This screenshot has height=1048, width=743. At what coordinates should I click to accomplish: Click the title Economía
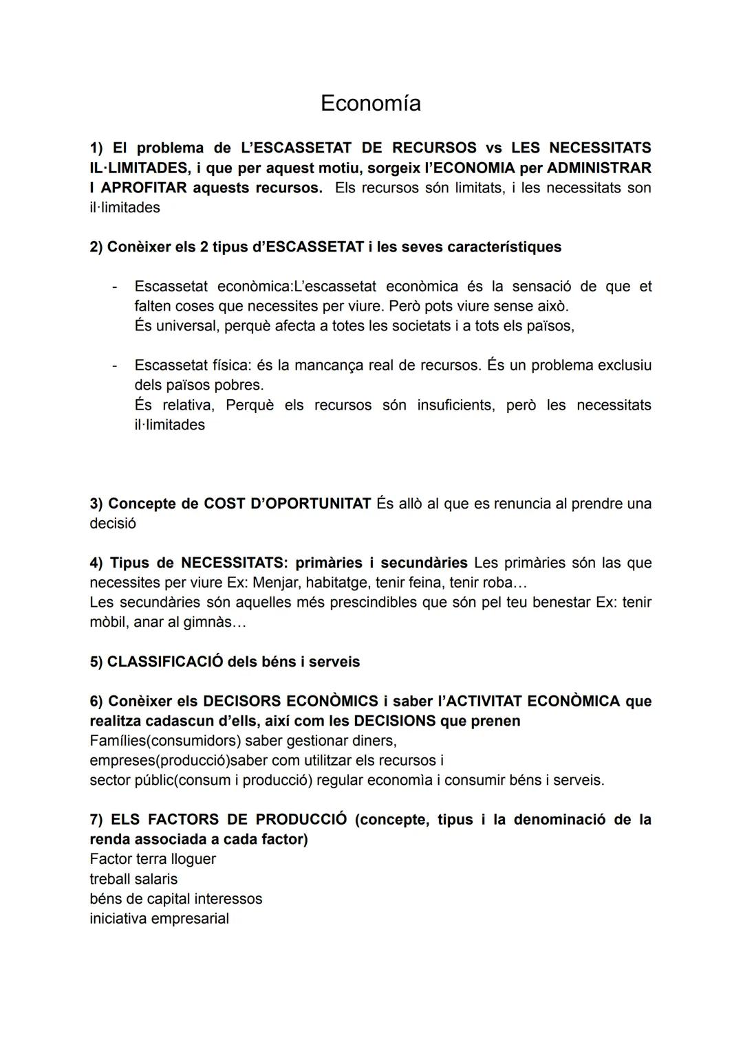(x=370, y=103)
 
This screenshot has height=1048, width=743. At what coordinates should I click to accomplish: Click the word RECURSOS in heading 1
(x=433, y=148)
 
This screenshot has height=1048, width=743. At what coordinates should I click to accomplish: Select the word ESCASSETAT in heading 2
(x=314, y=247)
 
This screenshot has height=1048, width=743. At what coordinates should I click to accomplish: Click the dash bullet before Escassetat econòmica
(x=115, y=286)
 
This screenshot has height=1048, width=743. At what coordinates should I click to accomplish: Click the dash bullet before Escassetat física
(x=115, y=365)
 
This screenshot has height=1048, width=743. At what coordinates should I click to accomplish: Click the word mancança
(x=326, y=365)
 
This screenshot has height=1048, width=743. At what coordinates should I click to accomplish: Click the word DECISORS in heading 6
(x=241, y=701)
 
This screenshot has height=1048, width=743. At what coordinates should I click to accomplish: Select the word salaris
(x=155, y=879)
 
